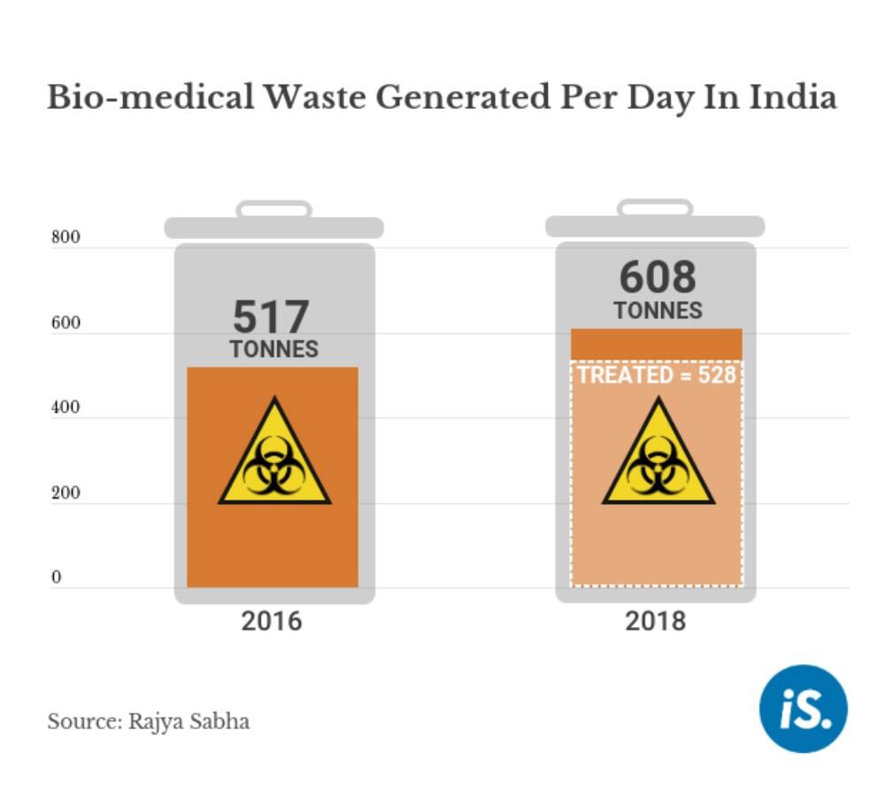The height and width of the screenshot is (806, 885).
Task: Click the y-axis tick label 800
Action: (65, 238)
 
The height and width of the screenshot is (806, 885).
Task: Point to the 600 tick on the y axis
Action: (65, 323)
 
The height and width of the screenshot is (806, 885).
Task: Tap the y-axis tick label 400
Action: (65, 408)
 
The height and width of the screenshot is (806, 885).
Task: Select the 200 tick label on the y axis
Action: (65, 493)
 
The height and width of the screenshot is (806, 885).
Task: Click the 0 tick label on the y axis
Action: (56, 578)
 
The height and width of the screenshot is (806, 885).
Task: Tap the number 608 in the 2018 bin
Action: (658, 277)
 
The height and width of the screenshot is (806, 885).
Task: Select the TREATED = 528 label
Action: (657, 375)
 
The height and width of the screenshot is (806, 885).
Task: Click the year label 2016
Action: (272, 621)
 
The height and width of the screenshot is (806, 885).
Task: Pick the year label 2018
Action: (656, 621)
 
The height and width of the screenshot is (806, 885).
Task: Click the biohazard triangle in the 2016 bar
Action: (274, 456)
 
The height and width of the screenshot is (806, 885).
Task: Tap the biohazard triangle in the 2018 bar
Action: (658, 456)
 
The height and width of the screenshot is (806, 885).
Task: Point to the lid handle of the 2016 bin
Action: (273, 209)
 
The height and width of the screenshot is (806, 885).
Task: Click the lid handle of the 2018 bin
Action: (655, 207)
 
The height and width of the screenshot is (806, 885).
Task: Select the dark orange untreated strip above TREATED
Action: (657, 345)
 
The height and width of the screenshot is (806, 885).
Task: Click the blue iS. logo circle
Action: (803, 708)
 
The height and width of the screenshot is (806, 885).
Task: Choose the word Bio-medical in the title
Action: (150, 97)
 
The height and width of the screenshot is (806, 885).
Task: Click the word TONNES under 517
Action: (273, 349)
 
